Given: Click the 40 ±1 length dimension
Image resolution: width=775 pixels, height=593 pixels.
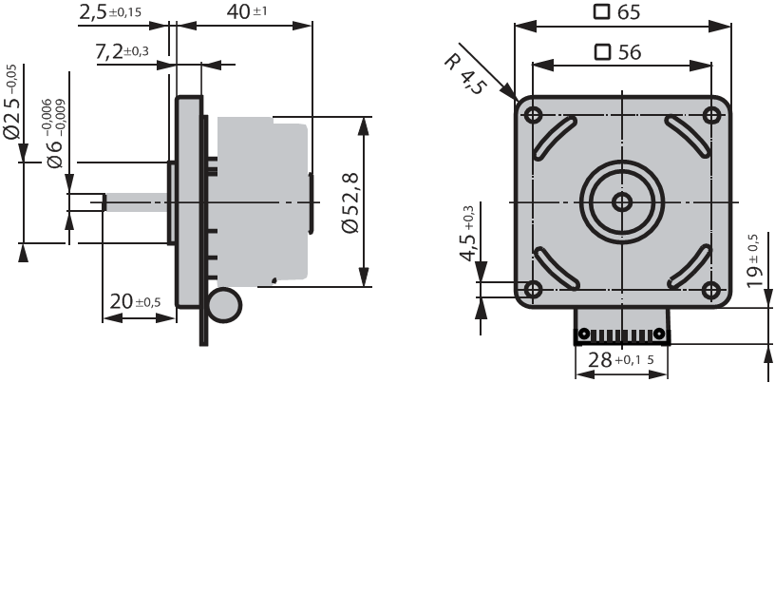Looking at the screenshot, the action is point(247,11).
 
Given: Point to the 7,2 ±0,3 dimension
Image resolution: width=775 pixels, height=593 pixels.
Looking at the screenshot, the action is point(122,51).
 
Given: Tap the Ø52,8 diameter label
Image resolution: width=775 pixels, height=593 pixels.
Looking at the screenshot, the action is point(350,203).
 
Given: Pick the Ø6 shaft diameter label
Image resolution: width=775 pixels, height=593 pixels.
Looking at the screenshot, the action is point(55,134).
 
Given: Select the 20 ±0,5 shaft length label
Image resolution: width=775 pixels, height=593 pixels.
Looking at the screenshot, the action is point(135,300).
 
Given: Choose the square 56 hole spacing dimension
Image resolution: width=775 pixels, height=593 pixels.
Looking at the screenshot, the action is point(618,52).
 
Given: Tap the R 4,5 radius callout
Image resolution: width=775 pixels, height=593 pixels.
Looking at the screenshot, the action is point(465,74).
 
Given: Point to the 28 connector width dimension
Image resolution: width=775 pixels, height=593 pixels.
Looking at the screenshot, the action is point(621,359).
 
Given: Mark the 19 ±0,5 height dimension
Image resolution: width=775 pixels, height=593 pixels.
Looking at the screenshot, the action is point(754,261).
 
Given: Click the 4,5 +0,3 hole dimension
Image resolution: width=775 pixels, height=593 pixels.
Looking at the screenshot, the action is point(467,233).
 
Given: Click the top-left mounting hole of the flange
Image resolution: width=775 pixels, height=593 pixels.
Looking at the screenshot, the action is point(533,116).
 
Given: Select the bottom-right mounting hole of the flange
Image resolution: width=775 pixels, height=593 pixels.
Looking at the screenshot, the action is point(711,290).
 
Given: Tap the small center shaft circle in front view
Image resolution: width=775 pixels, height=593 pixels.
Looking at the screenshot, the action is point(622,201).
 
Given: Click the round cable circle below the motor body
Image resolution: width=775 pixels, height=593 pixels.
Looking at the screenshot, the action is point(225,305).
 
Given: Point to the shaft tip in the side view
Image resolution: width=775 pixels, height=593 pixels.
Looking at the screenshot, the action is point(104,202).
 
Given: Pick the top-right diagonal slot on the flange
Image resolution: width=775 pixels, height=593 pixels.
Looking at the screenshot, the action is point(688,137).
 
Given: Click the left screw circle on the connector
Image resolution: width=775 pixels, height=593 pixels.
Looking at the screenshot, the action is point(584,334).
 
